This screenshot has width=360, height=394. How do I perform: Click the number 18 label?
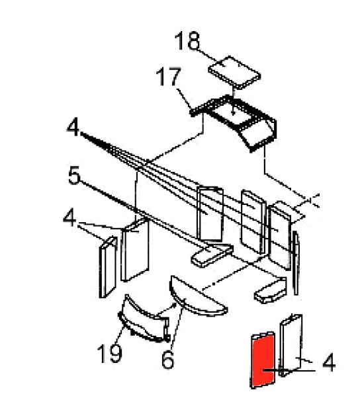tap(187, 41)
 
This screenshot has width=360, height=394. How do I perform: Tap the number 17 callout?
tap(168, 76)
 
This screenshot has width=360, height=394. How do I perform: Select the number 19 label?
tap(110, 354)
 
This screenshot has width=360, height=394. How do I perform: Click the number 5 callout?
tap(75, 175)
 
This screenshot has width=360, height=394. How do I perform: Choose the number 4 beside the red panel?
tap(329, 362)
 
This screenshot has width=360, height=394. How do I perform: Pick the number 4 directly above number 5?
tap(73, 128)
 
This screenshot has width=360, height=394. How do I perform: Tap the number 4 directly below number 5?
tap(69, 218)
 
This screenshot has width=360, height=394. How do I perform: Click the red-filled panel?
tap(262, 360)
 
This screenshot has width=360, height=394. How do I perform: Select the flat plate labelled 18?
tap(234, 72)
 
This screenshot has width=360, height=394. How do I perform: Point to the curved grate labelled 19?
tap(144, 320)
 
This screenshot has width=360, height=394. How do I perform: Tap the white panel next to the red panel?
tap(291, 345)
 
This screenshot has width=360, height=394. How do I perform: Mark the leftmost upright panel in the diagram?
tap(108, 267)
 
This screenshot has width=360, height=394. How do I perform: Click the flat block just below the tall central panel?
tap(212, 255)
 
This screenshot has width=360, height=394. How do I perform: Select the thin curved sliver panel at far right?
tap(296, 263)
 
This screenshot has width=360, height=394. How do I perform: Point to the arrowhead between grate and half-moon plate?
tap(174, 306)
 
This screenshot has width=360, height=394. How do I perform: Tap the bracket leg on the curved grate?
tap(166, 329)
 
